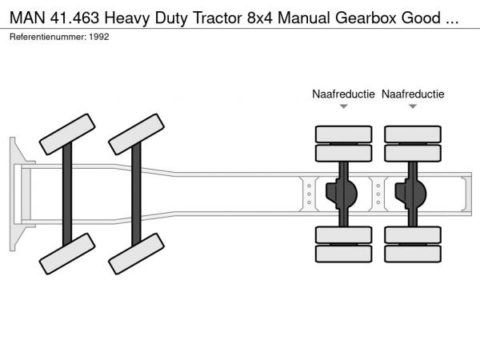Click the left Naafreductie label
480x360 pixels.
click(343, 94)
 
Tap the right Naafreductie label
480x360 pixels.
click(413, 94)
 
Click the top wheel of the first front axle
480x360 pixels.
click(66, 133)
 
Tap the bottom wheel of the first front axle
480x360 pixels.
click(66, 254)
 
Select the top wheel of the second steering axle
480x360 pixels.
click(137, 133)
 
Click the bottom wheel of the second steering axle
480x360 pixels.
click(137, 254)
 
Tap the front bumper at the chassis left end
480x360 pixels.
click(14, 193)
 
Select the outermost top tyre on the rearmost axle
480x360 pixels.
click(413, 133)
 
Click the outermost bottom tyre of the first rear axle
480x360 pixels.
click(343, 254)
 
